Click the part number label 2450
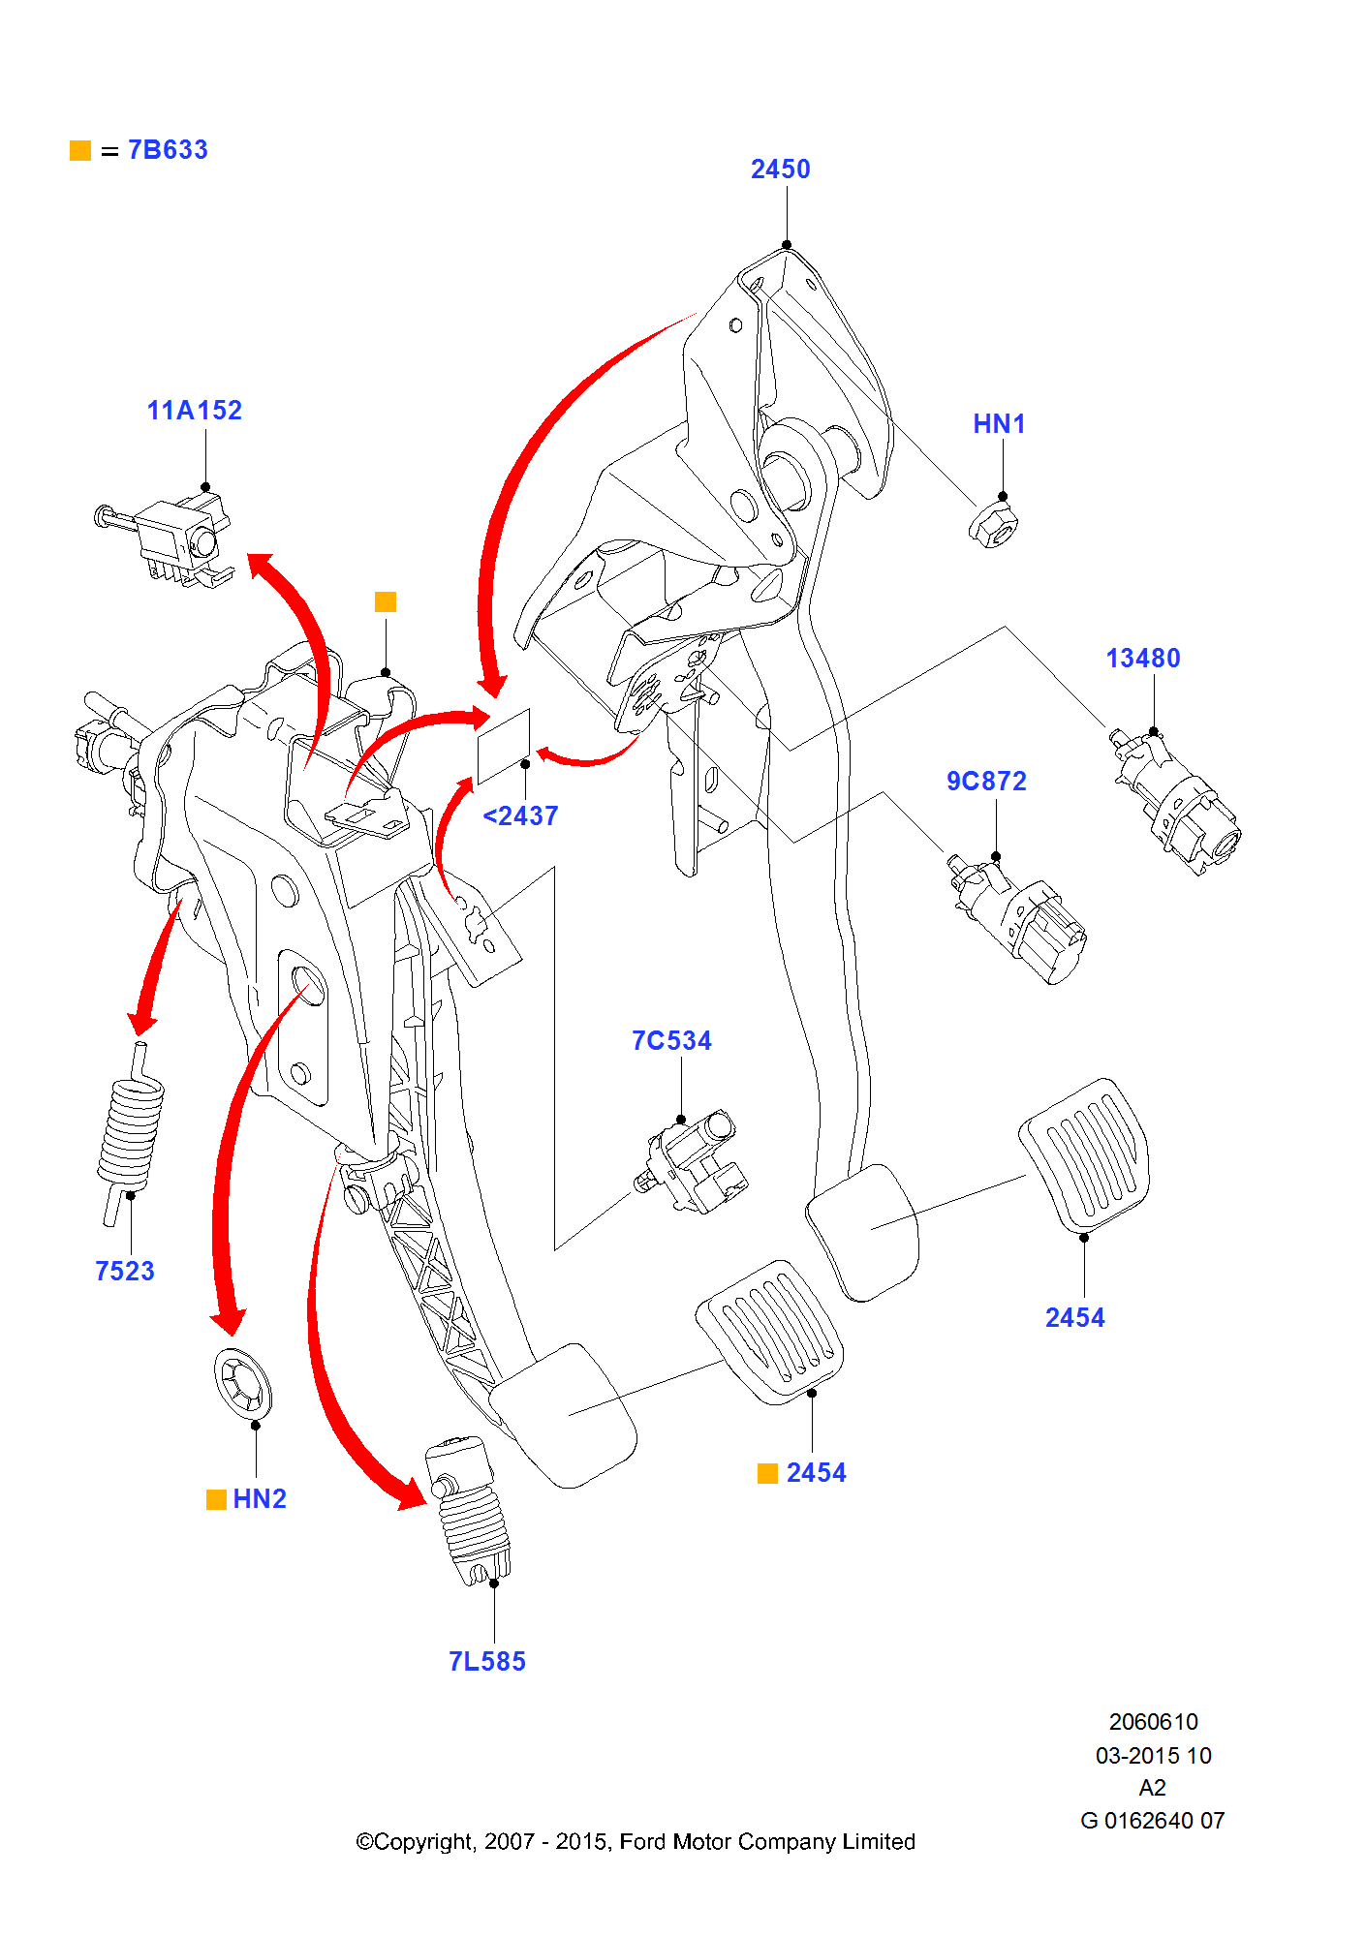[780, 169]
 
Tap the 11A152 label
[194, 411]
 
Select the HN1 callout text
[999, 424]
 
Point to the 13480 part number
[1143, 659]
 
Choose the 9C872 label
[986, 782]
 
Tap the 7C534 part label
[671, 1041]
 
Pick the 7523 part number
[125, 1272]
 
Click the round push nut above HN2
[242, 1381]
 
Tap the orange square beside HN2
[216, 1499]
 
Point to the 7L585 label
[487, 1662]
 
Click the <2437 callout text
[520, 816]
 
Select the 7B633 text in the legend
[168, 150]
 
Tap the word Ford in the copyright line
[642, 1841]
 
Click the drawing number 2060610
[1153, 1722]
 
